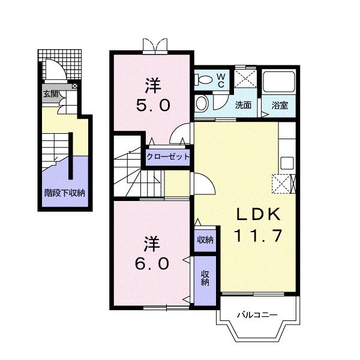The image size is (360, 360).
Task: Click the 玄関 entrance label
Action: [51, 94]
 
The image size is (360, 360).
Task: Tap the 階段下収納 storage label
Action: [65, 193]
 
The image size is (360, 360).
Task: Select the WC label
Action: [221, 80]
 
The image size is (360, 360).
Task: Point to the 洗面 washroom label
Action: [243, 105]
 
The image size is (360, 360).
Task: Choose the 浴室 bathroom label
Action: [280, 105]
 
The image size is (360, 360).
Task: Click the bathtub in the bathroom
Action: [279, 82]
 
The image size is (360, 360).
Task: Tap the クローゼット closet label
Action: [168, 157]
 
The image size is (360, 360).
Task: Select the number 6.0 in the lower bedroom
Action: [152, 264]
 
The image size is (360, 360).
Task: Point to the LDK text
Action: [257, 214]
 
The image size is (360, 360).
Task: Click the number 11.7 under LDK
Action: [257, 236]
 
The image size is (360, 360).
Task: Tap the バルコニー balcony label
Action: [257, 314]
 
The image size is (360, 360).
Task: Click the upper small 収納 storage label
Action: [205, 240]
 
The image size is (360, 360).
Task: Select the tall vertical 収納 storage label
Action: [205, 278]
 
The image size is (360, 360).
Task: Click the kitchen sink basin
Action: [287, 163]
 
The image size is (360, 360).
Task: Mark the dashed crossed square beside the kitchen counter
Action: [281, 184]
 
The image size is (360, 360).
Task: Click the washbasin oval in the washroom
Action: [202, 104]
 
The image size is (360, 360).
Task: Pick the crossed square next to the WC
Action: [245, 79]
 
